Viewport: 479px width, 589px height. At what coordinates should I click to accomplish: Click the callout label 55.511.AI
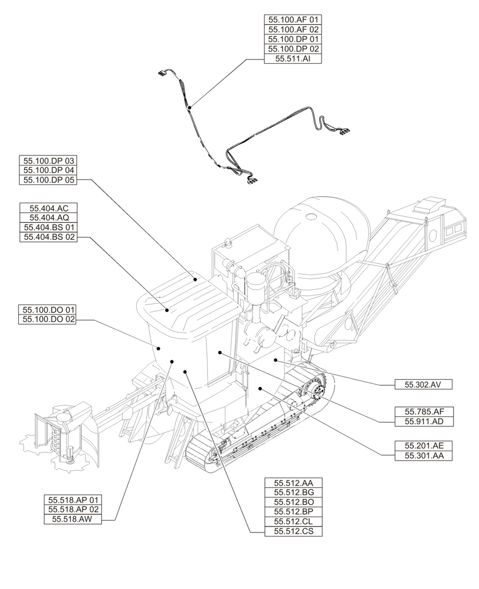[293, 59]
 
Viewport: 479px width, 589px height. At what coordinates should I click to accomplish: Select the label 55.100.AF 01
[293, 19]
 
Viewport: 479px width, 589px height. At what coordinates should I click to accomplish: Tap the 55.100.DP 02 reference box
[293, 49]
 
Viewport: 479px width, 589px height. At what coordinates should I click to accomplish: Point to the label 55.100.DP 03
[49, 160]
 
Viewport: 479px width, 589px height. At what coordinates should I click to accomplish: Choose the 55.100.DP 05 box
[49, 180]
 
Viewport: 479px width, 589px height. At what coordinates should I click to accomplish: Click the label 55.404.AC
[49, 207]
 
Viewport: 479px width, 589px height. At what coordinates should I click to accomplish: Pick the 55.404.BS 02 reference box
[49, 237]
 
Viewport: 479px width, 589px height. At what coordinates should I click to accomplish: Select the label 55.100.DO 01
[49, 309]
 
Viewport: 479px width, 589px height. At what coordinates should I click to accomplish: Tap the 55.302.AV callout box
[423, 385]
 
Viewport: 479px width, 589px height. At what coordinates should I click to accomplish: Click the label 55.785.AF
[423, 412]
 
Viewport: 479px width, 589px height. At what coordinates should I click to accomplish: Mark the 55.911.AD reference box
[423, 422]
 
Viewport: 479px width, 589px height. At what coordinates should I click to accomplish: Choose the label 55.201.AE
[423, 446]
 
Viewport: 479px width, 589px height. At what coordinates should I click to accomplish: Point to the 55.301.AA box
[423, 456]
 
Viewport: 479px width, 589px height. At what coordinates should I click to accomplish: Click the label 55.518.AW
[73, 519]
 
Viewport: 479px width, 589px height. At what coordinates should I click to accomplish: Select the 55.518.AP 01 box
[73, 499]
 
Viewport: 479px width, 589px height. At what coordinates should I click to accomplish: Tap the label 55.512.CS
[293, 532]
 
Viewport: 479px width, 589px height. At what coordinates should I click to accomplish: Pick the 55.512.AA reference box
[293, 482]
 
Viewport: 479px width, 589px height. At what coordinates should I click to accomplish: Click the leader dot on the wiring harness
[189, 108]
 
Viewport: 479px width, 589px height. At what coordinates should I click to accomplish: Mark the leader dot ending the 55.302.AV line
[275, 359]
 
